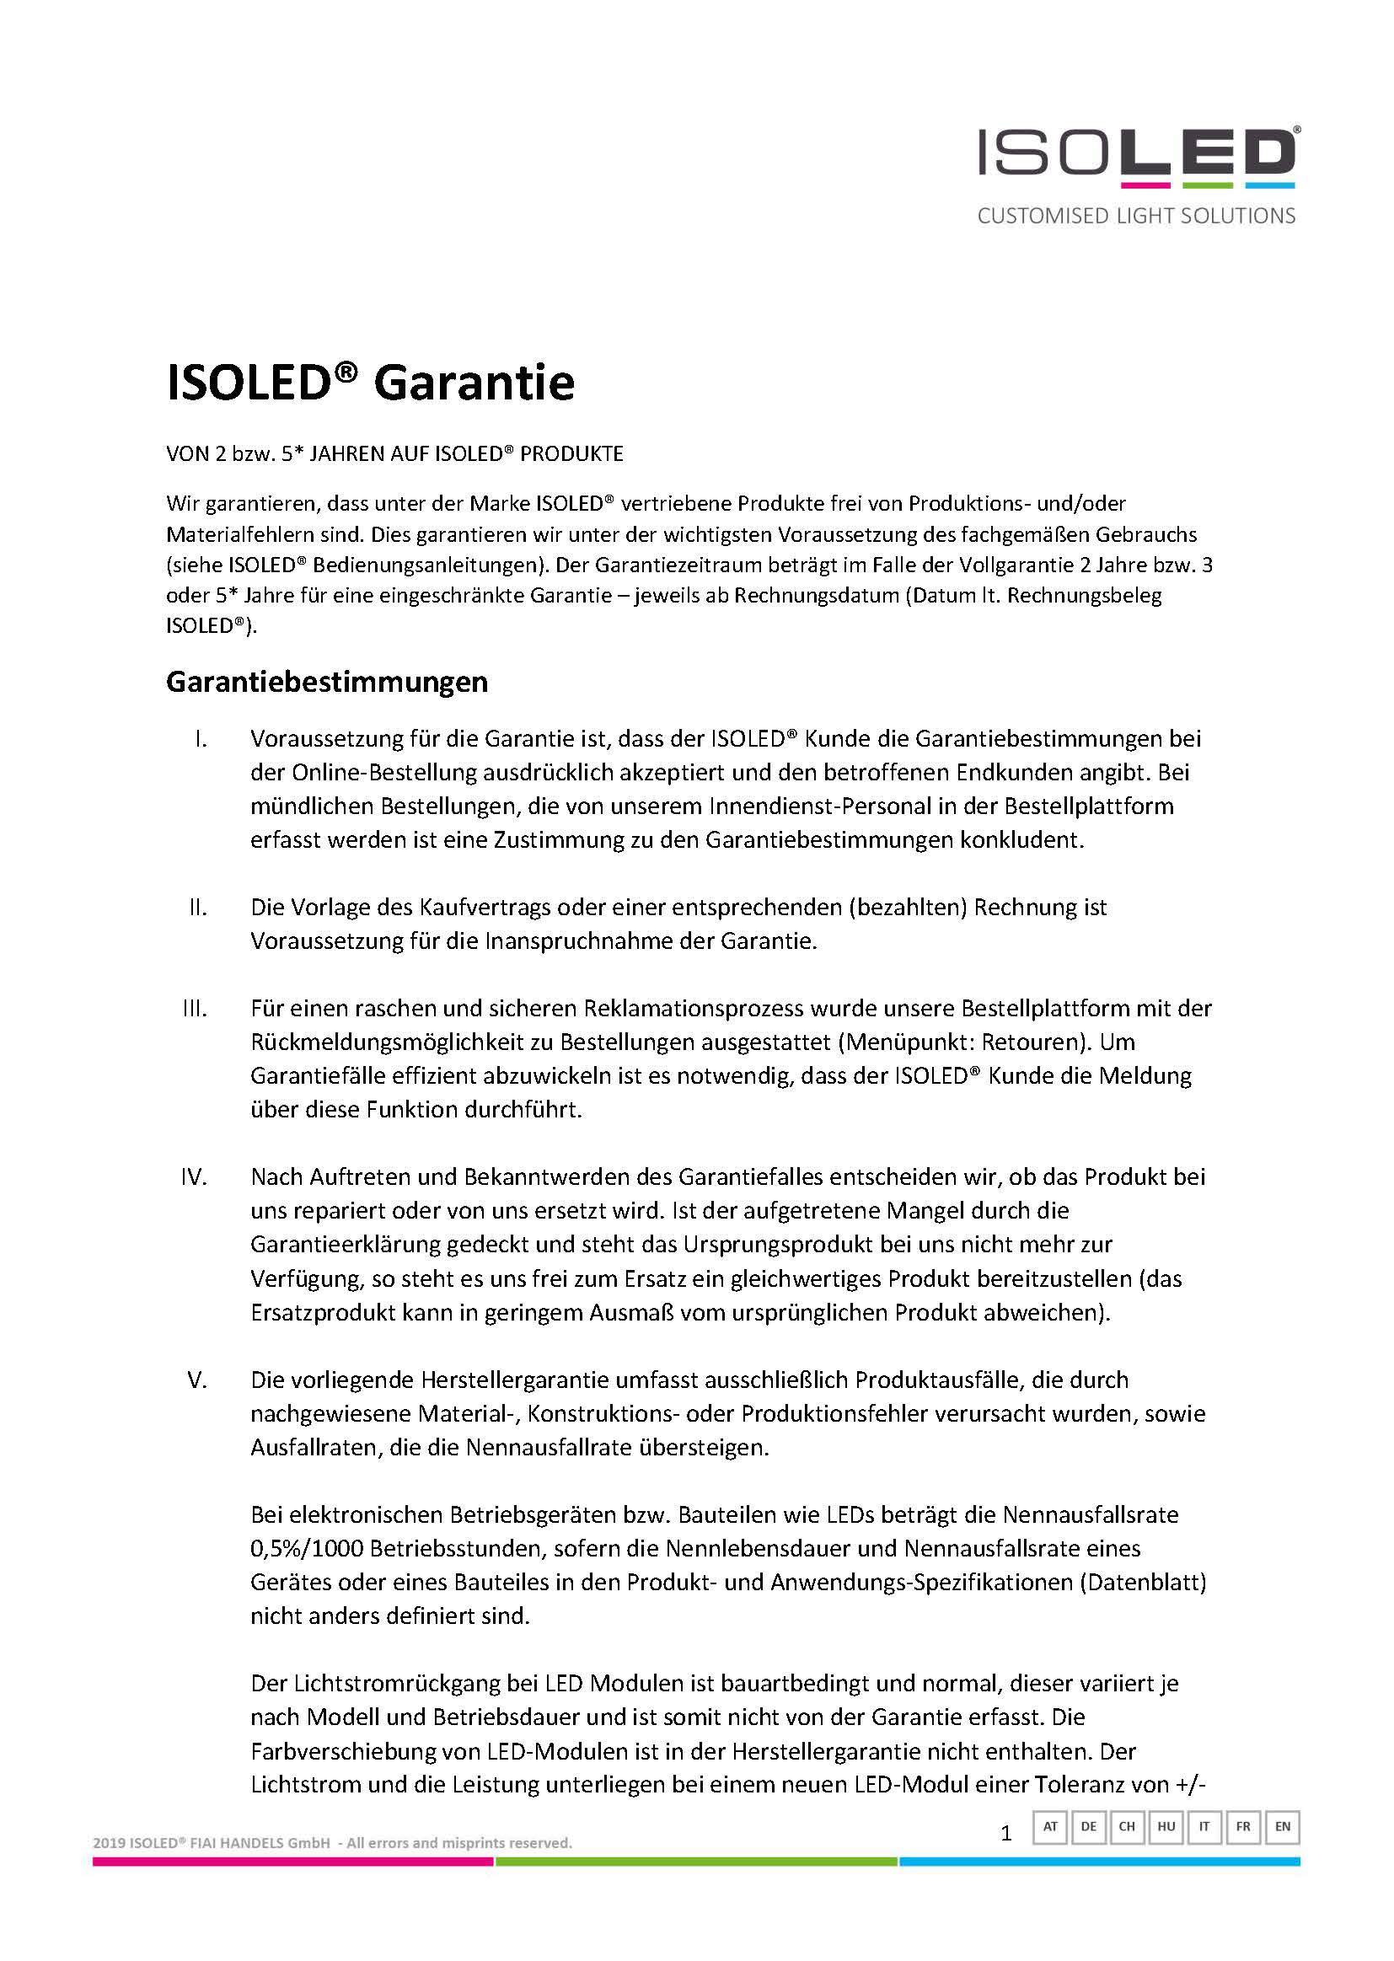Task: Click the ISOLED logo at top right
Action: point(1137,156)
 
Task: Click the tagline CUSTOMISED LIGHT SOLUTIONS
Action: point(1136,217)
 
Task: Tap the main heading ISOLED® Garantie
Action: point(370,383)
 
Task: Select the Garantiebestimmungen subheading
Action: point(326,682)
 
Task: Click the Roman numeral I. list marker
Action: point(201,738)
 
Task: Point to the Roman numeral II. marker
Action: point(198,907)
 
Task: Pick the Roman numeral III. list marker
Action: point(196,1008)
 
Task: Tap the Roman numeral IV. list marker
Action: point(195,1176)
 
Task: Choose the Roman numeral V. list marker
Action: point(197,1380)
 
